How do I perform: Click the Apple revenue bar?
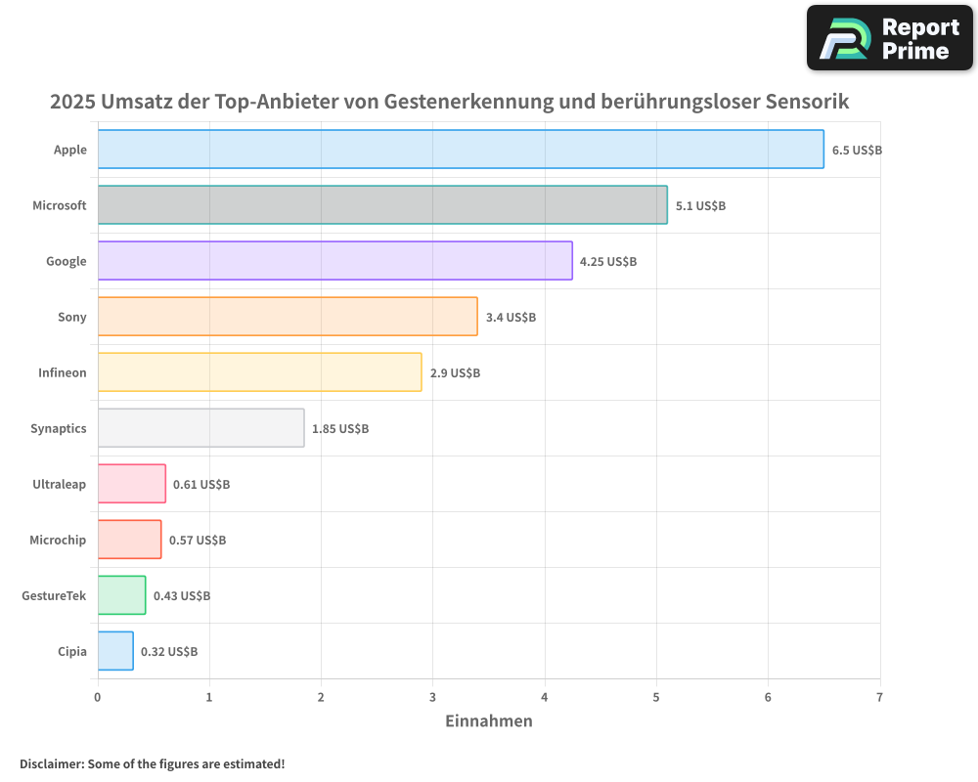pos(461,150)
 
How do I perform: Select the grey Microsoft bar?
pos(382,205)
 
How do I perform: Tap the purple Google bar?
pos(334,261)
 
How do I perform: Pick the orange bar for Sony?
pos(288,317)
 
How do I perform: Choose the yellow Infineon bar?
pos(259,372)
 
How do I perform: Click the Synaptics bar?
pos(200,428)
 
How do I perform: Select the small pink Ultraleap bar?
pos(132,484)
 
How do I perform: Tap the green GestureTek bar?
pos(121,595)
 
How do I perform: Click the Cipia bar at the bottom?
pos(115,651)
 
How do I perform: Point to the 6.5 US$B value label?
pos(857,151)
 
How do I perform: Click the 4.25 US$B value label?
pos(607,262)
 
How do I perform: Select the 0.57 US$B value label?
pos(197,541)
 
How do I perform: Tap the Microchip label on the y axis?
pos(58,541)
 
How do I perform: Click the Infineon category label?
pos(62,372)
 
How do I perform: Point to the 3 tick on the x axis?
pos(432,698)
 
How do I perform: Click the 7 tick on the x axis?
pos(879,698)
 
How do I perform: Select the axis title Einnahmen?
pos(489,721)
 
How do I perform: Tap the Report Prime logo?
pos(889,38)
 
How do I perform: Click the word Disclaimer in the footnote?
pos(50,764)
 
